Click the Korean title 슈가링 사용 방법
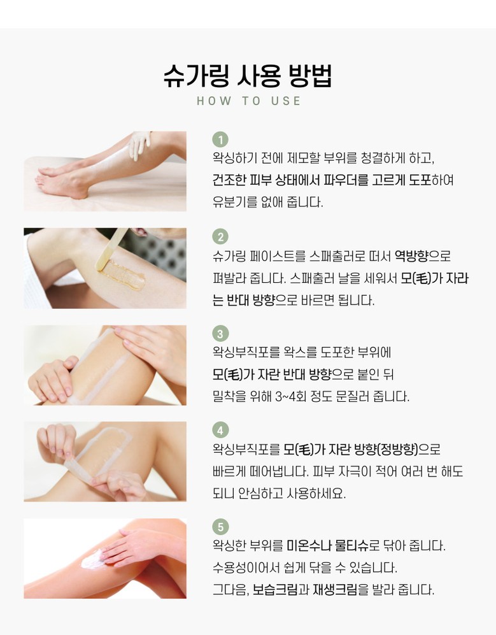coord(248,76)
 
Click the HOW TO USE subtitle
coord(248,101)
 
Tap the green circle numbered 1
coord(220,139)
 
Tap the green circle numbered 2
coord(220,236)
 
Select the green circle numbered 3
coord(220,334)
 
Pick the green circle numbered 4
coord(220,430)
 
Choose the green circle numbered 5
coord(220,527)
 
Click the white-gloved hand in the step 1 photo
coord(139,145)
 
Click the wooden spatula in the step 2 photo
coord(111,249)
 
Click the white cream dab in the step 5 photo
coord(92,560)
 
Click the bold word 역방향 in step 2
coord(411,256)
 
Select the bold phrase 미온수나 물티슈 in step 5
coord(327,545)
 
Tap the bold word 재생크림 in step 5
coord(335,590)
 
